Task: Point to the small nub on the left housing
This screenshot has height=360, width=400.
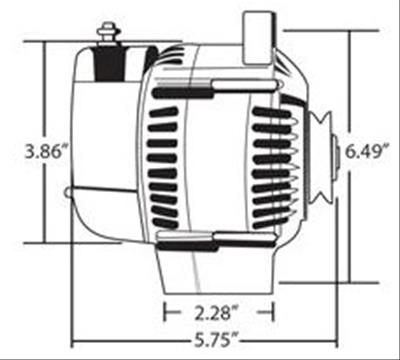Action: [x=67, y=193]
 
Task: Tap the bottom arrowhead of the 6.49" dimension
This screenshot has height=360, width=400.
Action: [x=351, y=280]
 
